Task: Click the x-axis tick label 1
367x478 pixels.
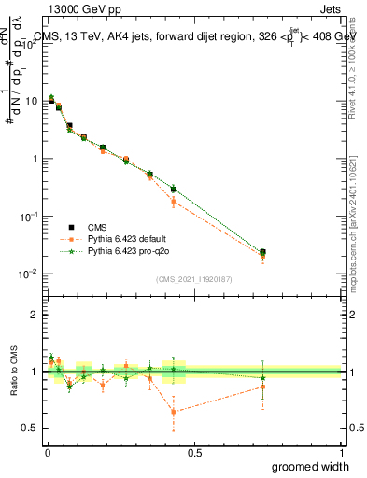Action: point(341,453)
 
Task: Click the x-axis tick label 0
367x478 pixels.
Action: point(48,453)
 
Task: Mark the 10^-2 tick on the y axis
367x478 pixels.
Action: point(31,274)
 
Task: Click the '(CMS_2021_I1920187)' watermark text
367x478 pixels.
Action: point(194,278)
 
